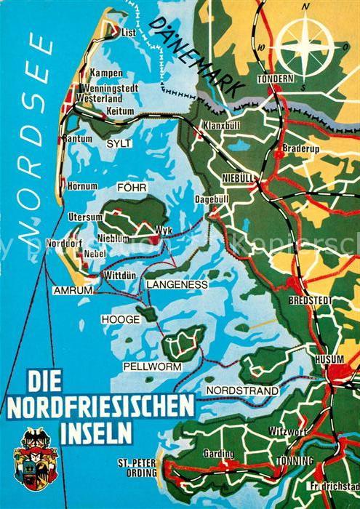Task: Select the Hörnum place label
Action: tap(82, 187)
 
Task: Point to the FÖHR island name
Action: tap(132, 188)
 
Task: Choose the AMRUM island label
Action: tap(73, 289)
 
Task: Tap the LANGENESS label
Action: tap(177, 284)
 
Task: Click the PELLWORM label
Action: tap(153, 366)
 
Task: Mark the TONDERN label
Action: tap(275, 78)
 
